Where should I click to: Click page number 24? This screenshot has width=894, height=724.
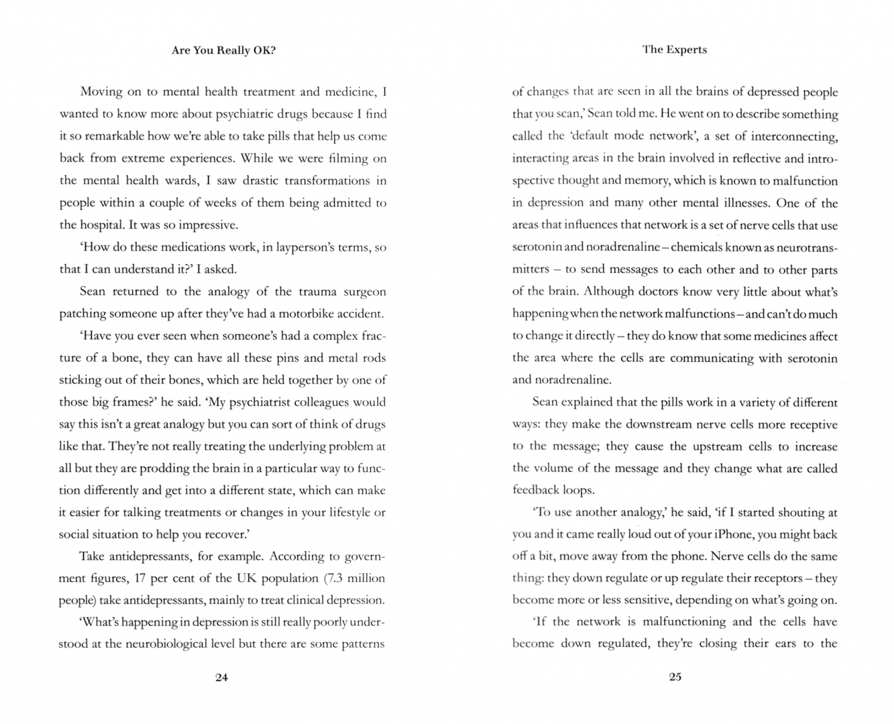pyautogui.click(x=221, y=678)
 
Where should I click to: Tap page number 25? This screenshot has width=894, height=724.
pyautogui.click(x=675, y=677)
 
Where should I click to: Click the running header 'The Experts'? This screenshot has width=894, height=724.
pyautogui.click(x=674, y=50)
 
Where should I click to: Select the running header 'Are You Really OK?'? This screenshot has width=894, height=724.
pyautogui.click(x=223, y=50)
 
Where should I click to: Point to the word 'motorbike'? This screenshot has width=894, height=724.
pyautogui.click(x=306, y=314)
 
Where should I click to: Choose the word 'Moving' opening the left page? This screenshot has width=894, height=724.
pyautogui.click(x=101, y=92)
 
